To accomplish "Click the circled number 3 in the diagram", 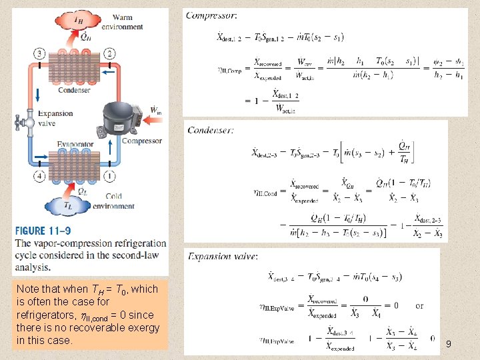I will (x=41, y=53).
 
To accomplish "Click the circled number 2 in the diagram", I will (x=109, y=53).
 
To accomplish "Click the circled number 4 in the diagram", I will (x=41, y=176).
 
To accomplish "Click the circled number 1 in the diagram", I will (x=109, y=176).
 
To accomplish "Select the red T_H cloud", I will (x=77, y=21).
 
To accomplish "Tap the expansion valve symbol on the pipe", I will (x=24, y=122).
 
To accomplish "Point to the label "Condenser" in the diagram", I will (x=74, y=91).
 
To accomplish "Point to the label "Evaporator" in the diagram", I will (x=75, y=143).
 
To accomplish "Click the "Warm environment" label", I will (x=127, y=23).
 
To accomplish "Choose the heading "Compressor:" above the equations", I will (x=211, y=15).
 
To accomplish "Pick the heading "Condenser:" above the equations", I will (x=210, y=130).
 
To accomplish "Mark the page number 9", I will (x=448, y=344).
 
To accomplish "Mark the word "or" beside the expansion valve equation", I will (x=419, y=306).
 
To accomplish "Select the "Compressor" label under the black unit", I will (x=141, y=141).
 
